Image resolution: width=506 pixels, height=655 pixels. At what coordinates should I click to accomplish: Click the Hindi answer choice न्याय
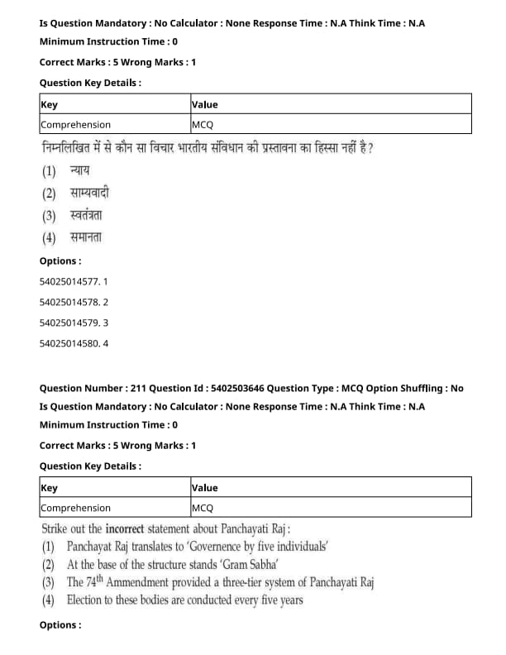(x=80, y=171)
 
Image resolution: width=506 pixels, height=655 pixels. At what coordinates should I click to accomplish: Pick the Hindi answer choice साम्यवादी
(x=90, y=194)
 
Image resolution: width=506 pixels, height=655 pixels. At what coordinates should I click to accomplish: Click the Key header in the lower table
(x=49, y=488)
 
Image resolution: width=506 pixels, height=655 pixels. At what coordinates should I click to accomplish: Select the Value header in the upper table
(x=204, y=104)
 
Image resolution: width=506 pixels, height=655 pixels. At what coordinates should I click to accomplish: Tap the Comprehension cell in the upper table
(x=75, y=125)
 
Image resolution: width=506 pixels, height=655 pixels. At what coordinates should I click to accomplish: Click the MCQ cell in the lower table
(x=203, y=508)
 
